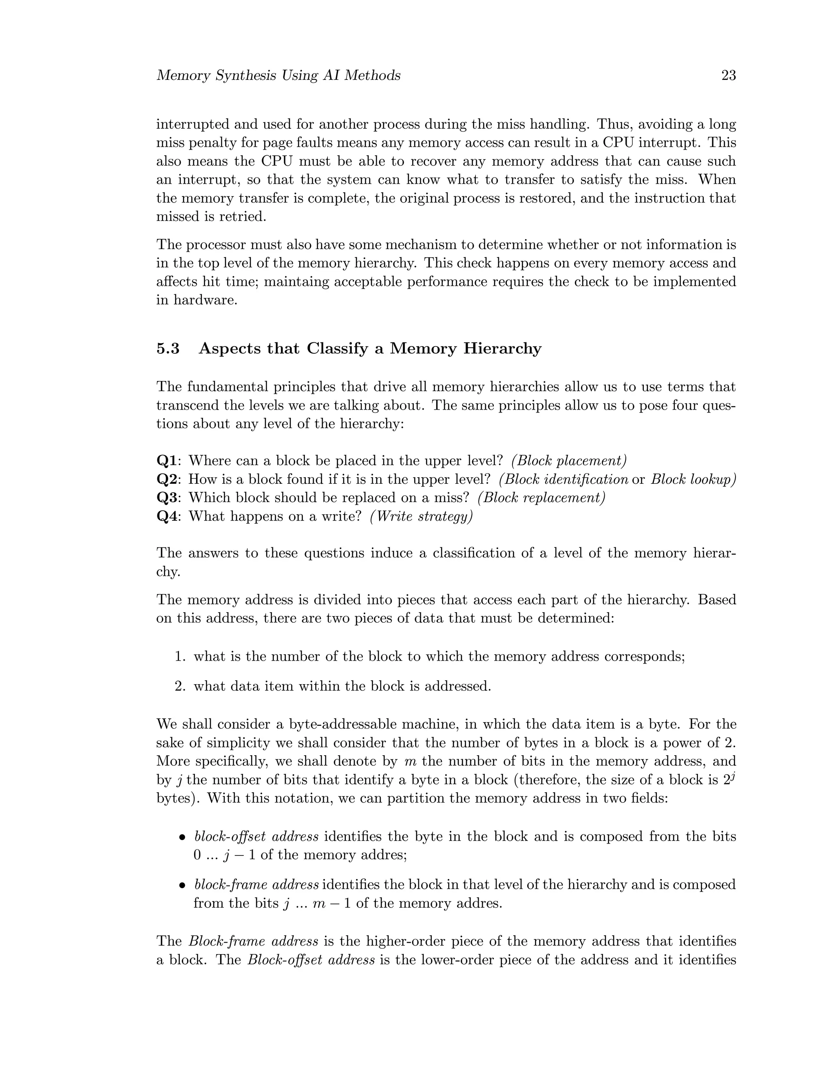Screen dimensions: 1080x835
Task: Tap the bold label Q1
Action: coord(167,461)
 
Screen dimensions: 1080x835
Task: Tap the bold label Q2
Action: coord(167,479)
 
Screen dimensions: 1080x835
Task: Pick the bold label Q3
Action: coord(167,498)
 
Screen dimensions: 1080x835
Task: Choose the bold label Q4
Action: coord(167,516)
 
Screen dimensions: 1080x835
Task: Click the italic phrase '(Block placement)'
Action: coord(569,461)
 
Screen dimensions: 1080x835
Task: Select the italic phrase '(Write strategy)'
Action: coord(421,516)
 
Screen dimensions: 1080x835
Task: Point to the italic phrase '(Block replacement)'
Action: coord(541,498)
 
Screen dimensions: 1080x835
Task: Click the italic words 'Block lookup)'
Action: coord(693,479)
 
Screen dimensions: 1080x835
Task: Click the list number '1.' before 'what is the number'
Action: coord(180,657)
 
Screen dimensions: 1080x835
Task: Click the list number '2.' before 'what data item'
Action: coord(180,686)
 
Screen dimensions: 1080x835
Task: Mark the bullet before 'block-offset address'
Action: coord(183,838)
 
